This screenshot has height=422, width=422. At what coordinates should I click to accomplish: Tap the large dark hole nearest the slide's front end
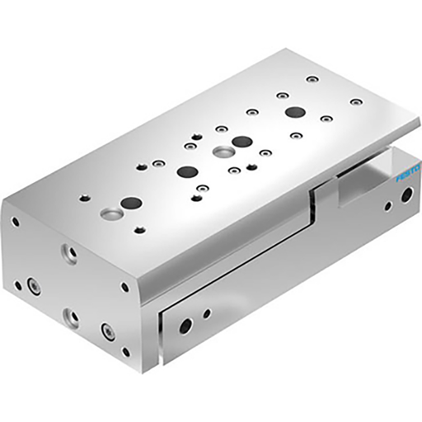pos(130,202)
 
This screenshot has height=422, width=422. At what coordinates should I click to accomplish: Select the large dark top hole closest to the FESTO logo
pos(294,111)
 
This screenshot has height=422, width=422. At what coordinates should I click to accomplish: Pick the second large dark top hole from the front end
pos(187,171)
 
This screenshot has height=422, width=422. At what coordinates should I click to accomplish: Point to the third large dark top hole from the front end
pos(241,141)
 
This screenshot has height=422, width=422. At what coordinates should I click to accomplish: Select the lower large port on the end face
pos(71,316)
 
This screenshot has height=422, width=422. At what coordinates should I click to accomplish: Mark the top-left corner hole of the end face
pos(15,221)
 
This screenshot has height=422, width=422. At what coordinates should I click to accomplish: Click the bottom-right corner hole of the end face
pos(125,351)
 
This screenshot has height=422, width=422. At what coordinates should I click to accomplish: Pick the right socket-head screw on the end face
pos(106,331)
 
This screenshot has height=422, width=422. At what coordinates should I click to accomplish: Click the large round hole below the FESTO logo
pos(406,195)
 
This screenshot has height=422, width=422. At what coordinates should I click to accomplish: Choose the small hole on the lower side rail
pos(206,313)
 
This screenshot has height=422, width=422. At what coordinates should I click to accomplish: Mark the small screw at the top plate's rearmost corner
pos(311,80)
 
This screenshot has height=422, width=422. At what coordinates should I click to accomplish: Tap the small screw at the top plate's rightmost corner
pos(355,102)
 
